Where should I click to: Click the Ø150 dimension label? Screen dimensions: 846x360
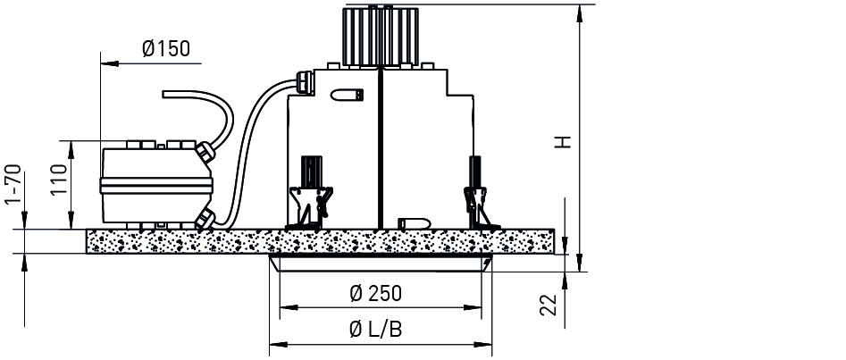point(166,48)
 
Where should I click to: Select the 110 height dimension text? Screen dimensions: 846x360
point(60,180)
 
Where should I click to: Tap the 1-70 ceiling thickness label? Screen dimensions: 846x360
point(13,185)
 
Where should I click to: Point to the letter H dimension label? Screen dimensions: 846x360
point(564,142)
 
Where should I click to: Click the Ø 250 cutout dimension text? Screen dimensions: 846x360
point(375,294)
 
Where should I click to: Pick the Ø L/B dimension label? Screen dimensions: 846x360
point(375,329)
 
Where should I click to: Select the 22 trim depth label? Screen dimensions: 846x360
point(549,305)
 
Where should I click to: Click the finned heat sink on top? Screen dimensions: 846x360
point(381,35)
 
